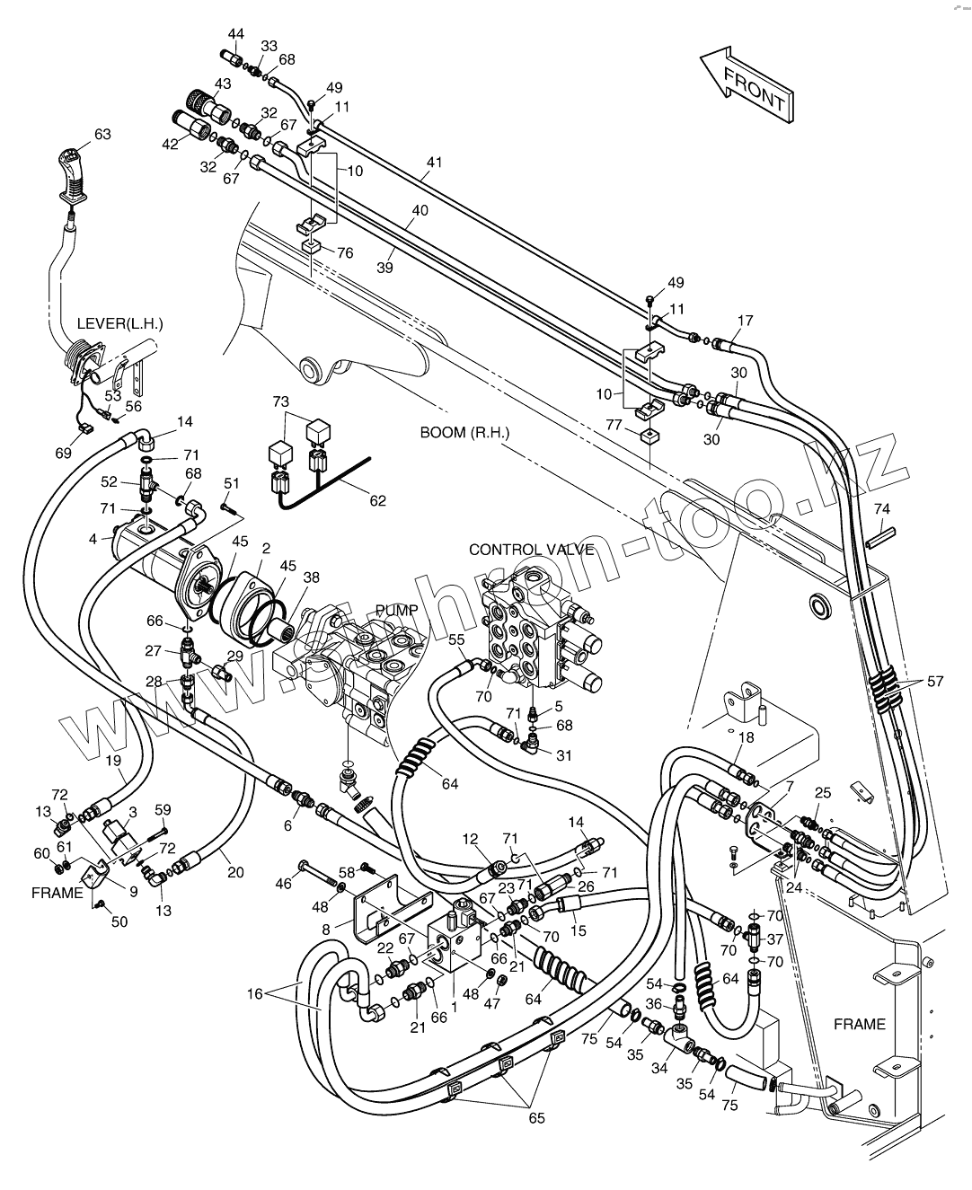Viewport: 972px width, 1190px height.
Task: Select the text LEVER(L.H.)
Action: tap(120, 324)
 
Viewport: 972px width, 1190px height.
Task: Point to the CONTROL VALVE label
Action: tap(531, 550)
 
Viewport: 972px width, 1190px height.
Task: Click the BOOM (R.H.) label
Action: tap(464, 433)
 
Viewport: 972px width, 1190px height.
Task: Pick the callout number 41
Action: tap(434, 163)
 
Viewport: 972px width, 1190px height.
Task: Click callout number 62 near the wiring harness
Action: tap(377, 500)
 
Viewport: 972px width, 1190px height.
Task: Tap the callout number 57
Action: tap(935, 682)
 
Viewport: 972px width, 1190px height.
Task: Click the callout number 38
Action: tap(311, 577)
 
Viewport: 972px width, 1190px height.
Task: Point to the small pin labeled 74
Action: tap(880, 534)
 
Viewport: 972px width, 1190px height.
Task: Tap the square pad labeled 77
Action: tap(649, 436)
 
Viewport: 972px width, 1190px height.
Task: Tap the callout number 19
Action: tap(113, 761)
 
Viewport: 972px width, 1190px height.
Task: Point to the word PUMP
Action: tap(397, 610)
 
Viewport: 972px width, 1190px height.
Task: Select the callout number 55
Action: tap(456, 639)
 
